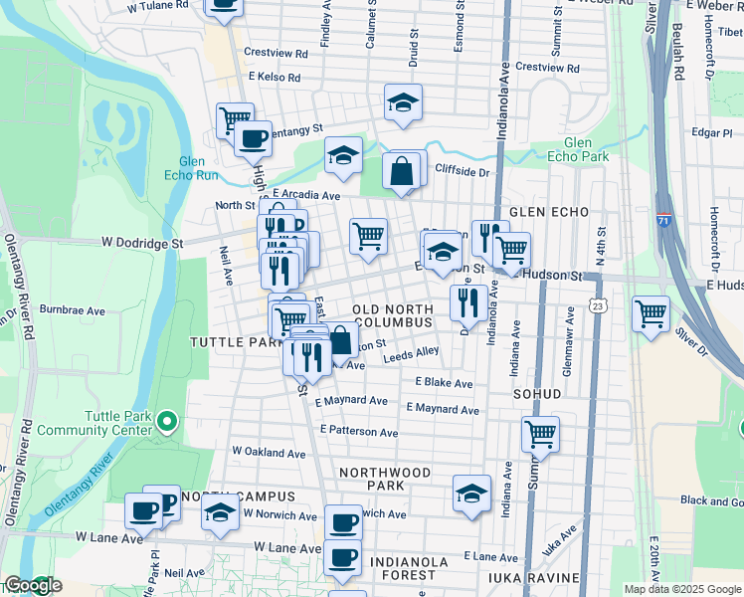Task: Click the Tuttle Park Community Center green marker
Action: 166,424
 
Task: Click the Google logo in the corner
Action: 32,586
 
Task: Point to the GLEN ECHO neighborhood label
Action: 548,212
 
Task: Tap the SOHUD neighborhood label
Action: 538,394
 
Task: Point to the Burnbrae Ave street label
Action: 73,310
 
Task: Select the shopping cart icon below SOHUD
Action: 540,433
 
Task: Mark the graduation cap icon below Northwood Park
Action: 471,493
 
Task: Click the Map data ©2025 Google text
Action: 682,589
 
